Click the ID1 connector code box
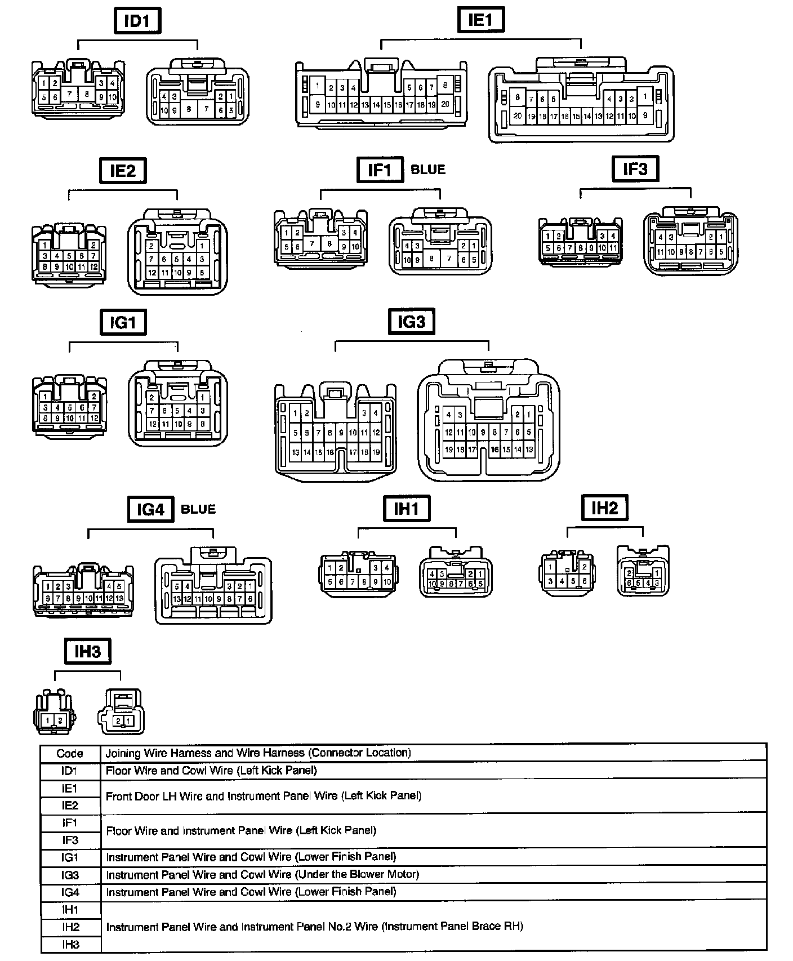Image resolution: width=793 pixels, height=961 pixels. [137, 21]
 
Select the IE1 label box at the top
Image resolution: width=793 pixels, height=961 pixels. [480, 20]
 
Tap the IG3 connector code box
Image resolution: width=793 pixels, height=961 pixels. [411, 322]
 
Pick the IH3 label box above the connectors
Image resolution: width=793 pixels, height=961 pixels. [87, 652]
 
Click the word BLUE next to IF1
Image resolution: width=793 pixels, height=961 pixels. [428, 170]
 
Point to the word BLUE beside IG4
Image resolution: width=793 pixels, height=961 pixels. [198, 509]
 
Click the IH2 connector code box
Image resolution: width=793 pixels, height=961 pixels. [604, 508]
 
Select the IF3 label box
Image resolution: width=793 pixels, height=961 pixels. [635, 169]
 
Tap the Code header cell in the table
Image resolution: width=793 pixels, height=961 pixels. [70, 753]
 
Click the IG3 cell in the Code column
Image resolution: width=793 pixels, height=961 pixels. [70, 875]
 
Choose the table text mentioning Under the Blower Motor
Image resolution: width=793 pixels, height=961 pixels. [262, 875]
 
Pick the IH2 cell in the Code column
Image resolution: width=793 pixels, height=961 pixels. [70, 927]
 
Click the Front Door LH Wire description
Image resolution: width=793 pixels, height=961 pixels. [264, 796]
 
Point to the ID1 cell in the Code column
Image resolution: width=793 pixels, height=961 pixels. [70, 771]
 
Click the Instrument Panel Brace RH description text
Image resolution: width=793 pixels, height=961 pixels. [314, 927]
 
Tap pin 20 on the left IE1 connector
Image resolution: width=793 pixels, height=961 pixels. [445, 104]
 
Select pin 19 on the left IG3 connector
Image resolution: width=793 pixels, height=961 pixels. [376, 452]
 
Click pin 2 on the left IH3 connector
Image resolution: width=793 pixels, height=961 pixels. [60, 720]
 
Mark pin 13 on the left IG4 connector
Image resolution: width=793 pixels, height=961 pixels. [119, 598]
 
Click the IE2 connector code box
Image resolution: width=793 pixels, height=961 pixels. [122, 171]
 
